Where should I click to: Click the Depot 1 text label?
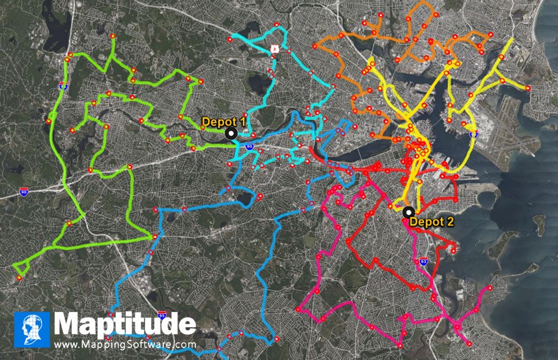(x=223, y=121)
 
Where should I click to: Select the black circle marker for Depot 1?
(x=232, y=133)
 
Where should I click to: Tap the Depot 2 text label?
(x=431, y=222)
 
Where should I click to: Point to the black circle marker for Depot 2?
(x=408, y=211)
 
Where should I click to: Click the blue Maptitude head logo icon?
(x=32, y=329)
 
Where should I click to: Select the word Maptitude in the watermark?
(x=125, y=324)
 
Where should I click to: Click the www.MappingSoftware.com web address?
(x=125, y=344)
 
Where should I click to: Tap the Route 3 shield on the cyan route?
(x=275, y=49)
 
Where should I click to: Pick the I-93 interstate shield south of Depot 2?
(x=424, y=262)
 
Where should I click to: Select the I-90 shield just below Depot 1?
(x=249, y=147)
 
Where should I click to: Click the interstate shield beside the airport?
(x=474, y=133)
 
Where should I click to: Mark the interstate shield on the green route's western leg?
(x=63, y=87)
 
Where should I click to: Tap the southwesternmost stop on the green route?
(x=19, y=278)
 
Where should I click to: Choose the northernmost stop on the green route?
(x=112, y=35)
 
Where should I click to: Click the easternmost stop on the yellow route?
(x=528, y=88)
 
